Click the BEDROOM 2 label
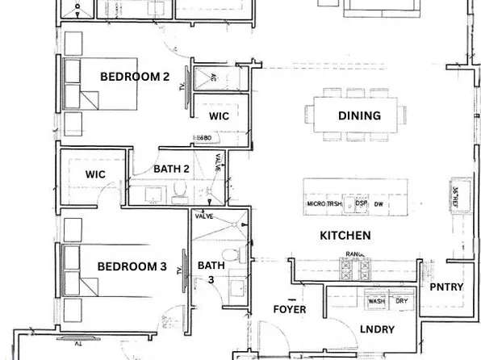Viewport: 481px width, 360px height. [133, 77]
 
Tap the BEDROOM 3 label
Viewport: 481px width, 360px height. [132, 266]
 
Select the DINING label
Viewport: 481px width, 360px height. [359, 115]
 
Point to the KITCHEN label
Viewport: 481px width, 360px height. [345, 236]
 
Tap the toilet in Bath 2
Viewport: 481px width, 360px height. [182, 190]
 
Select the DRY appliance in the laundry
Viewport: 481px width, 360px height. [401, 301]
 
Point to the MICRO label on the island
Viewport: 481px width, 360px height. [316, 204]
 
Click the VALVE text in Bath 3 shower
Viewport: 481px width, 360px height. [205, 216]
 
